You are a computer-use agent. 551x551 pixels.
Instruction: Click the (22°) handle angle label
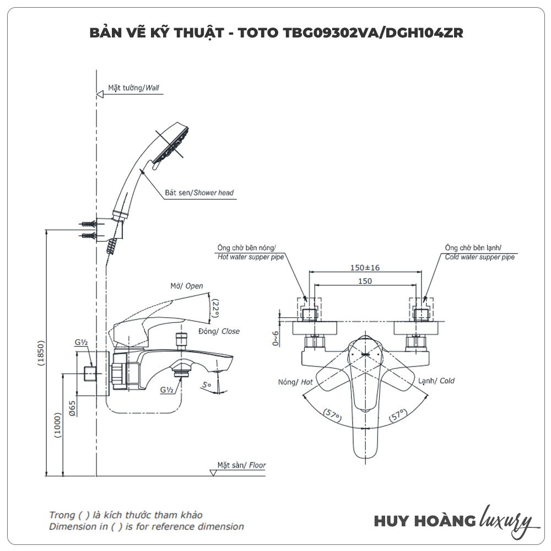click(x=215, y=309)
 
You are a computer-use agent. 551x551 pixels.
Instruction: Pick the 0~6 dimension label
click(x=275, y=335)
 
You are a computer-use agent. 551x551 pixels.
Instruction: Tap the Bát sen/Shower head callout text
click(x=199, y=193)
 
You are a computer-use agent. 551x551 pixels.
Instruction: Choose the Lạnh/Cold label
click(x=436, y=381)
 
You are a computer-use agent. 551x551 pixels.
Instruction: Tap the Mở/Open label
click(x=187, y=286)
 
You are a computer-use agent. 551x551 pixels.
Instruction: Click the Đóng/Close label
click(x=219, y=331)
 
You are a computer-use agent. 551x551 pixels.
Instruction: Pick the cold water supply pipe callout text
click(x=479, y=252)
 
